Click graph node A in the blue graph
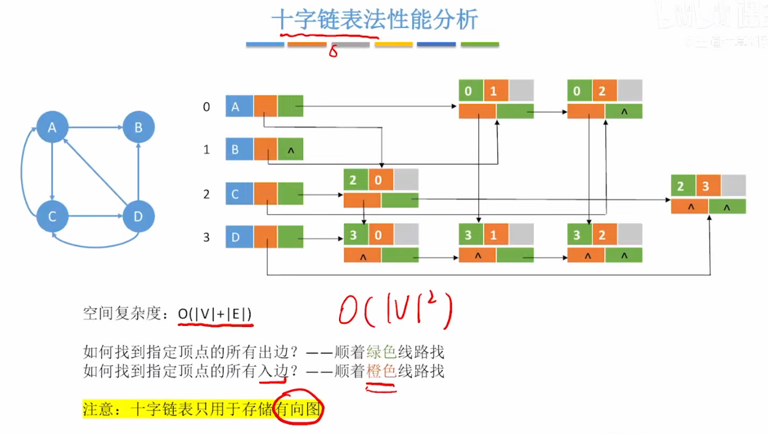[x=52, y=127]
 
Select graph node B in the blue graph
[x=139, y=127]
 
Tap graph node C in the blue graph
[x=52, y=217]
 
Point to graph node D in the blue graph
[x=139, y=217]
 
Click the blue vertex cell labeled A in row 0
[x=239, y=106]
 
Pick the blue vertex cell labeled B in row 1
[x=239, y=149]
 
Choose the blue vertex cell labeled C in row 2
[x=239, y=194]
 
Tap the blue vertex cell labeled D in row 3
[x=239, y=237]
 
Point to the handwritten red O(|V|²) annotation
[x=395, y=311]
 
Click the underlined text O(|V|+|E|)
[x=214, y=314]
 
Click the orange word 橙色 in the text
[x=381, y=371]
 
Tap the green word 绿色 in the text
[x=381, y=352]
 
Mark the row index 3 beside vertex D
[x=207, y=237]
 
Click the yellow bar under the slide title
[x=393, y=45]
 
